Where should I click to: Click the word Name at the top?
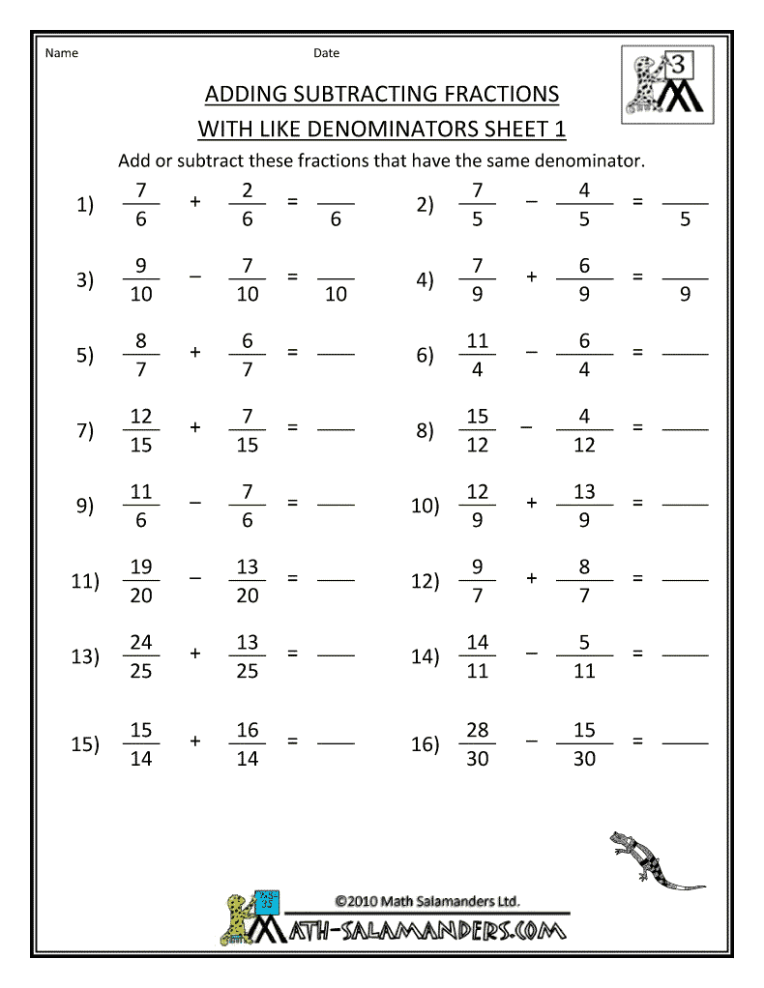pyautogui.click(x=62, y=53)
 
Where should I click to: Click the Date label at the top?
pyautogui.click(x=326, y=53)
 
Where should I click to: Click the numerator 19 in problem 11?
pyautogui.click(x=141, y=567)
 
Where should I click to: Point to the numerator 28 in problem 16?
pyautogui.click(x=477, y=730)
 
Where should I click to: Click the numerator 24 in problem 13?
pyautogui.click(x=141, y=643)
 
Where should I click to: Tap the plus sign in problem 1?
pyautogui.click(x=195, y=203)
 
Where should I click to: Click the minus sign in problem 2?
pyautogui.click(x=532, y=203)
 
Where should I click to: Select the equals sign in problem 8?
pyautogui.click(x=637, y=428)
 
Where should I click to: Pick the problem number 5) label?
pyautogui.click(x=85, y=355)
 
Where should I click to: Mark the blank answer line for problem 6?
pyautogui.click(x=685, y=354)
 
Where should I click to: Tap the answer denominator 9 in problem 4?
pyautogui.click(x=685, y=295)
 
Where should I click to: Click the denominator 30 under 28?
pyautogui.click(x=477, y=759)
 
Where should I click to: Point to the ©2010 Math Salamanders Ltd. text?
pyautogui.click(x=427, y=901)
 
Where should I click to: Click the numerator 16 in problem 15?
pyautogui.click(x=248, y=730)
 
